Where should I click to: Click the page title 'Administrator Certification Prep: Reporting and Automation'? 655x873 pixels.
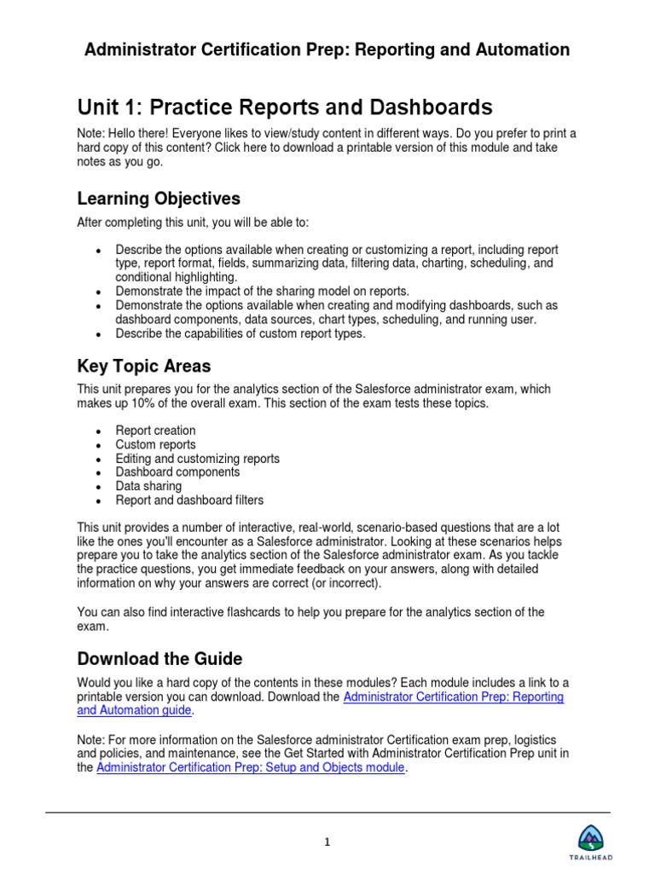tap(327, 50)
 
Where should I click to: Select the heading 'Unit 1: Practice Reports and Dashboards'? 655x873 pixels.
tap(285, 107)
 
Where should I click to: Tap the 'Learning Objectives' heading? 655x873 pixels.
tap(159, 199)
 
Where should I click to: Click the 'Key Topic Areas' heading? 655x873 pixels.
tap(144, 366)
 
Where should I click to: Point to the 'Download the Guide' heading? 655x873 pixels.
tap(159, 658)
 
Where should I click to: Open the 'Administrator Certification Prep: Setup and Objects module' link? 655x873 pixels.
tap(246, 768)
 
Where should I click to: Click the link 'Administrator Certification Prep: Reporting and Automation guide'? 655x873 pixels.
tap(452, 697)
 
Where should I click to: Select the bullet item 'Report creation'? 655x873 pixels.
tap(155, 431)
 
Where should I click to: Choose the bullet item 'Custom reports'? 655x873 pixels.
tap(155, 444)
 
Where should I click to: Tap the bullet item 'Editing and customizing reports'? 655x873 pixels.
tap(197, 459)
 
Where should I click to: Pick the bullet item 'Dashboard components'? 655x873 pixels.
tap(177, 472)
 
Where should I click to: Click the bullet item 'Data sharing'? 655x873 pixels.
tap(148, 486)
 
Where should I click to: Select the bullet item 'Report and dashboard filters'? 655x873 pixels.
tap(189, 500)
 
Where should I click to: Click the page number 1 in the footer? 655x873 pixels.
tap(327, 842)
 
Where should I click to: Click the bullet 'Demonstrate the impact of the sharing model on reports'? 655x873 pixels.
tap(263, 292)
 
